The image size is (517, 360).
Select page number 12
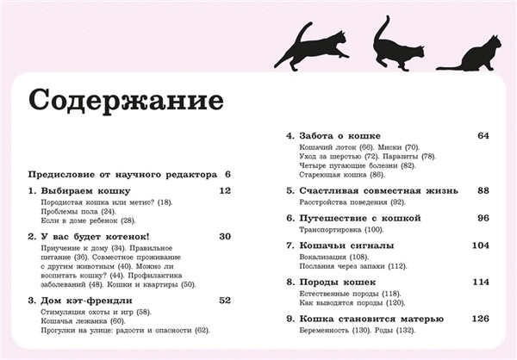[226, 190]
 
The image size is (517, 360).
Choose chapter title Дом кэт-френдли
[84, 301]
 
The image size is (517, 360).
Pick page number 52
[226, 301]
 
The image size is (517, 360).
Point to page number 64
[483, 136]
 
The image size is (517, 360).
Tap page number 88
[483, 190]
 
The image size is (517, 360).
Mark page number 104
[481, 245]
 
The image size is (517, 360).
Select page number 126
[481, 319]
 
